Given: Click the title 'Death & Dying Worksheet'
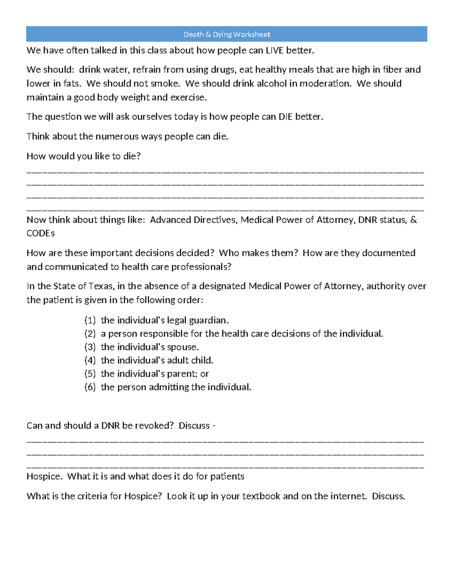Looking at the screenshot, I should (227, 34).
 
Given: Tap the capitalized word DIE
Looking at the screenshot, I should (286, 117).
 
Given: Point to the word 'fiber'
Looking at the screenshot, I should (393, 70).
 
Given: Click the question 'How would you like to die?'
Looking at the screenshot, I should (84, 156).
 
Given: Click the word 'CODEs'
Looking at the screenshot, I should (40, 233).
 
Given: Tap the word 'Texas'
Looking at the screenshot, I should (103, 286).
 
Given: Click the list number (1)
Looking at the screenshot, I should (90, 320).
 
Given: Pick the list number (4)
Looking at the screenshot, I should (90, 360).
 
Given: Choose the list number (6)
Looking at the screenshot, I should (90, 387).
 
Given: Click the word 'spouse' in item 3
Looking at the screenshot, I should (183, 347).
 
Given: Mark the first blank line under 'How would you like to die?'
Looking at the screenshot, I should (225, 172).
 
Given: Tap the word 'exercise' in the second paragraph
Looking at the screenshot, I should (188, 98).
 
